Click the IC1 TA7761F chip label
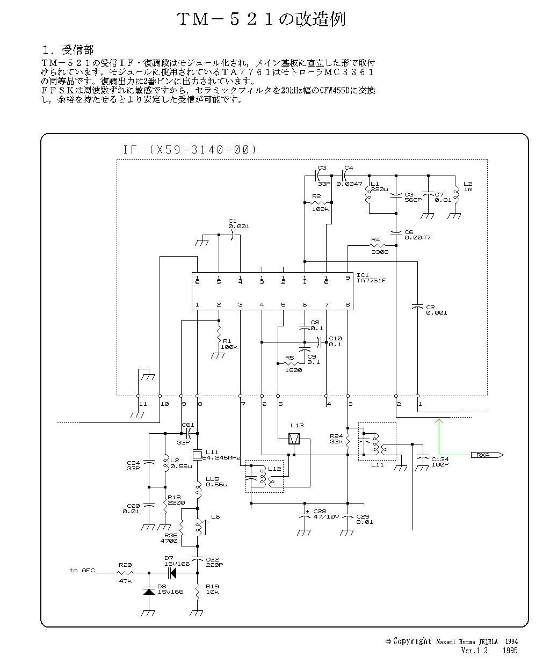(x=373, y=278)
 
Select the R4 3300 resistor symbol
(x=375, y=246)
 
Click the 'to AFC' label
(x=82, y=570)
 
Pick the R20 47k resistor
(x=126, y=573)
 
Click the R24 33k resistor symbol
(x=348, y=442)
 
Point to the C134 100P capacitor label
(x=439, y=462)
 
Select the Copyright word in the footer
(x=412, y=641)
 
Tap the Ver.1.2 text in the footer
(x=474, y=651)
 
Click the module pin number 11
(x=142, y=403)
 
